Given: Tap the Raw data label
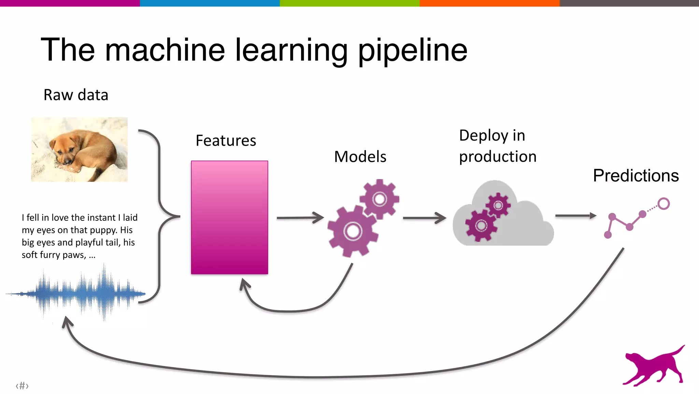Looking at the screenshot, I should pyautogui.click(x=76, y=95).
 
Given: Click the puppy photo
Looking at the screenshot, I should pyautogui.click(x=79, y=149).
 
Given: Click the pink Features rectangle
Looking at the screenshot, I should pyautogui.click(x=229, y=217).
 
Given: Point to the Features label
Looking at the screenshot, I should pyautogui.click(x=226, y=141).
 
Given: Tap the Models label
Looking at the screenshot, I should pyautogui.click(x=360, y=157).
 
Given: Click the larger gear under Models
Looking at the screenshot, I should pyautogui.click(x=353, y=231).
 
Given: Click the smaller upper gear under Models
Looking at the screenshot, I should pyautogui.click(x=380, y=199).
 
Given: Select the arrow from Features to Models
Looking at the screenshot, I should pyautogui.click(x=300, y=218).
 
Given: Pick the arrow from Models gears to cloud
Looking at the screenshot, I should pyautogui.click(x=424, y=218).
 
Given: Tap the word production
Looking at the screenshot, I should pyautogui.click(x=498, y=157).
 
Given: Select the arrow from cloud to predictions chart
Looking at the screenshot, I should pyautogui.click(x=575, y=216).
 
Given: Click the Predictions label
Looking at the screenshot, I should pyautogui.click(x=636, y=176).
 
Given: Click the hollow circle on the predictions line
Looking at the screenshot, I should pyautogui.click(x=664, y=204).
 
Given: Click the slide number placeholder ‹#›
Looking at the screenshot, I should pyautogui.click(x=22, y=386).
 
